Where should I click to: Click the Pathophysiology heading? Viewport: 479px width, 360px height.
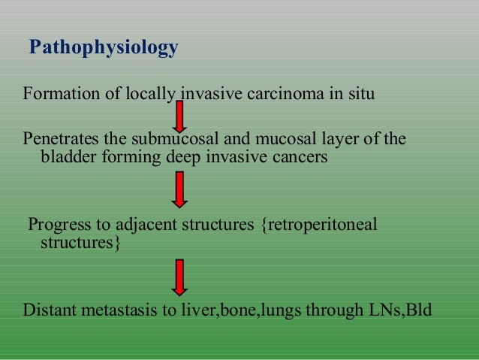(x=104, y=49)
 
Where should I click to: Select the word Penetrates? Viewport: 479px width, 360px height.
(x=58, y=140)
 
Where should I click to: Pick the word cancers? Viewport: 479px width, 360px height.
(x=300, y=159)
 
